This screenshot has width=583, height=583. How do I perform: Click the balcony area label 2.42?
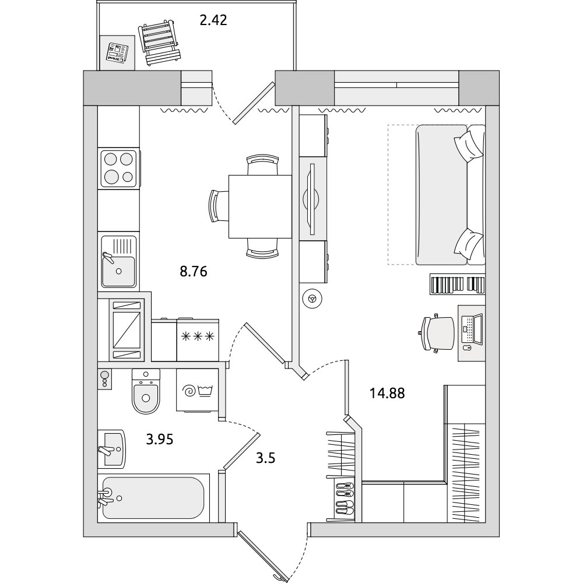pyautogui.click(x=213, y=20)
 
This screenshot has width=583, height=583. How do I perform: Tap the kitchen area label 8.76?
pyautogui.click(x=194, y=272)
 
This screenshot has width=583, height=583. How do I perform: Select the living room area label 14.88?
pyautogui.click(x=387, y=393)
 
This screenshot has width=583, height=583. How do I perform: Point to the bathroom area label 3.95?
pyautogui.click(x=160, y=440)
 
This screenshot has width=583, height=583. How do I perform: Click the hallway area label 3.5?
pyautogui.click(x=265, y=458)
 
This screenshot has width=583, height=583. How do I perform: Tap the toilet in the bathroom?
pyautogui.click(x=146, y=391)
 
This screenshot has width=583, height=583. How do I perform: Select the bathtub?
pyautogui.click(x=153, y=498)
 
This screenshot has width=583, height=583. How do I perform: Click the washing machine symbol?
pyautogui.click(x=197, y=391)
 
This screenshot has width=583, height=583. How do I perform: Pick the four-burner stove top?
pyautogui.click(x=119, y=168)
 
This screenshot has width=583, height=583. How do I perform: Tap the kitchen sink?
pyautogui.click(x=118, y=262)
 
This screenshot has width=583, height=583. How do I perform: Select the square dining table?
pyautogui.click(x=260, y=206)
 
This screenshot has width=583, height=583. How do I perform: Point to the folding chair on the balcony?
pyautogui.click(x=160, y=43)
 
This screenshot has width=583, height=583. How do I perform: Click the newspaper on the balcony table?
pyautogui.click(x=117, y=52)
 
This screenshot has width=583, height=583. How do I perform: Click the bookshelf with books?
pyautogui.click(x=458, y=285)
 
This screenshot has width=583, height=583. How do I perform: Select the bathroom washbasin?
pyautogui.click(x=111, y=449)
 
